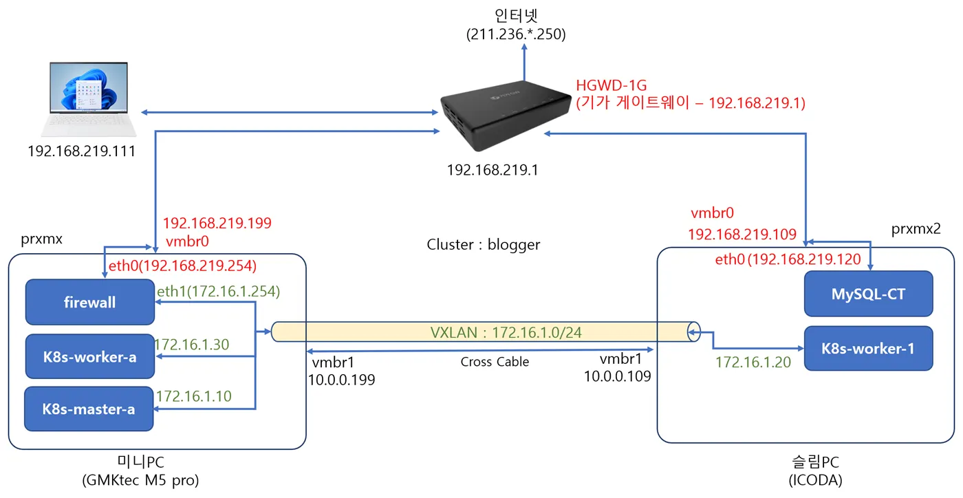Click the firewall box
[x=89, y=302]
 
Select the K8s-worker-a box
[x=89, y=357]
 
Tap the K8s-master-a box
[x=89, y=409]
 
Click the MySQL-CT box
[x=868, y=294]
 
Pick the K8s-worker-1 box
[x=868, y=348]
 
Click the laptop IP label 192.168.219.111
[x=81, y=151]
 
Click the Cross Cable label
[x=495, y=362]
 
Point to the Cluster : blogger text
[x=484, y=244]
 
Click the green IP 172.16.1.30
[x=192, y=344]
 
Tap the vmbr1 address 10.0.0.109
[x=617, y=376]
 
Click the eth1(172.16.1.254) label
[x=218, y=292]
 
